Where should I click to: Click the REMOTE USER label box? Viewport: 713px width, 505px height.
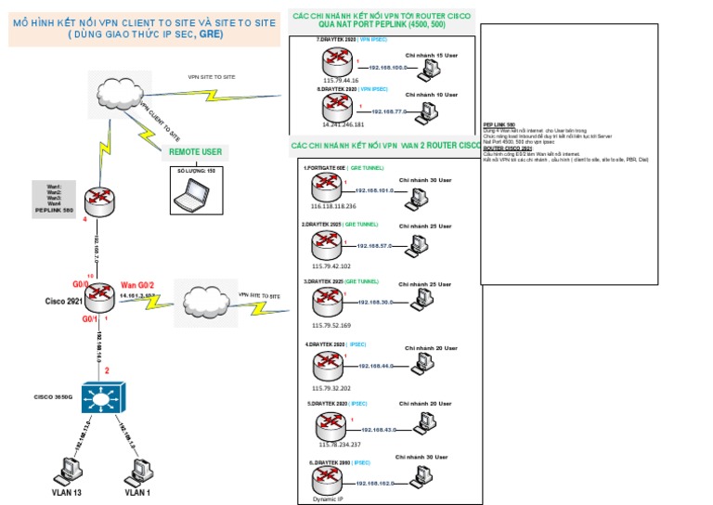195,150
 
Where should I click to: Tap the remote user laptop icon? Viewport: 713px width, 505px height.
196,191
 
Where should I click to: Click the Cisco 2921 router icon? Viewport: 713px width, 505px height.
97,296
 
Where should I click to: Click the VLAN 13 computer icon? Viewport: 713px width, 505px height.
66,469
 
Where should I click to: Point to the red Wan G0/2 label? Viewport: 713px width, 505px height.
139,284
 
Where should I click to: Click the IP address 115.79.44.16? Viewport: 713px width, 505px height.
341,80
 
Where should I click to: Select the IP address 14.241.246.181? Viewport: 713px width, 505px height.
344,123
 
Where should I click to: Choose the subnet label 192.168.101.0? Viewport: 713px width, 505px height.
375,190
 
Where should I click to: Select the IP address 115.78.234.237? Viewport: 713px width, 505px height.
331,446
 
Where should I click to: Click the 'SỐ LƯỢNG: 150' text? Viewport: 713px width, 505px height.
195,172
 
